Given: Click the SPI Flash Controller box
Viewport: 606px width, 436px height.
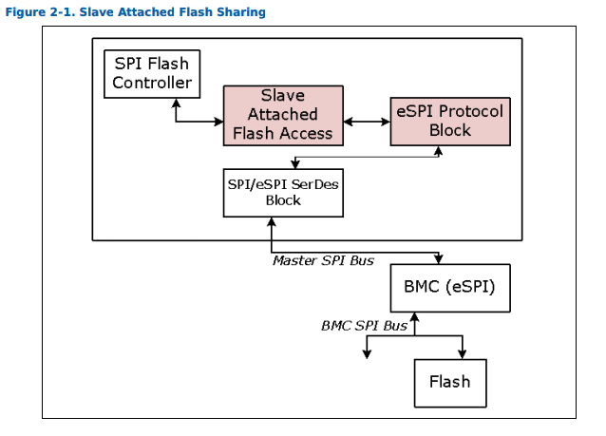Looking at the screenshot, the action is (152, 74).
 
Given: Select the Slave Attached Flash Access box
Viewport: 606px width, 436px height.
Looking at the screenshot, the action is (283, 116).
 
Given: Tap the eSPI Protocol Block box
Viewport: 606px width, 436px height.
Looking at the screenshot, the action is (450, 122).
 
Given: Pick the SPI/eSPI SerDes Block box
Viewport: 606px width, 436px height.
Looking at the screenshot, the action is (283, 193).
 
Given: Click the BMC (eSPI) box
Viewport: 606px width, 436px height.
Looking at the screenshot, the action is (450, 288).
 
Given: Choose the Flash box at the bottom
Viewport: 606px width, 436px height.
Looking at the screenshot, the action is (450, 383).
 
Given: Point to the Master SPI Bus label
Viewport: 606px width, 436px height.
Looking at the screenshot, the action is (323, 261).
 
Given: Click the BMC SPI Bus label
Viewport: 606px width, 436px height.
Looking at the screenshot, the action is (364, 326).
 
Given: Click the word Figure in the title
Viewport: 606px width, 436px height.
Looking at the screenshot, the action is (26, 12).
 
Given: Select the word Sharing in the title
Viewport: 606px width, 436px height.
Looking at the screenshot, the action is (241, 12).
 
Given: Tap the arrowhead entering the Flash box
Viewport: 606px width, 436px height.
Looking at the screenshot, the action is (463, 354).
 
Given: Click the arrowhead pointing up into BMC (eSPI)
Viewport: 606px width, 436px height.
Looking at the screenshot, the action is (414, 317).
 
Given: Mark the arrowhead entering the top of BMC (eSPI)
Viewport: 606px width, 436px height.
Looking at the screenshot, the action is (438, 259).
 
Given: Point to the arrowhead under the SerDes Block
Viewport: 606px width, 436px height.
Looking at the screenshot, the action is (272, 222).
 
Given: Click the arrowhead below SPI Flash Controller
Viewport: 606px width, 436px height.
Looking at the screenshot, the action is (176, 103).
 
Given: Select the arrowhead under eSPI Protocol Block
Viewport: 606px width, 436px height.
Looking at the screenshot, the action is (438, 151).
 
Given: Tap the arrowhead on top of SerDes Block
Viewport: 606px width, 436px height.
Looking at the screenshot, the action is (295, 164).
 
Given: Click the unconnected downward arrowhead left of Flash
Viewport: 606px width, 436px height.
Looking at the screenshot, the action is (367, 354).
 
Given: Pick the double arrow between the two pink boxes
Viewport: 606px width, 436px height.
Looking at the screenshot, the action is (367, 122).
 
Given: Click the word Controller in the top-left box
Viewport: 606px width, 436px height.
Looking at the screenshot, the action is (152, 83).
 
